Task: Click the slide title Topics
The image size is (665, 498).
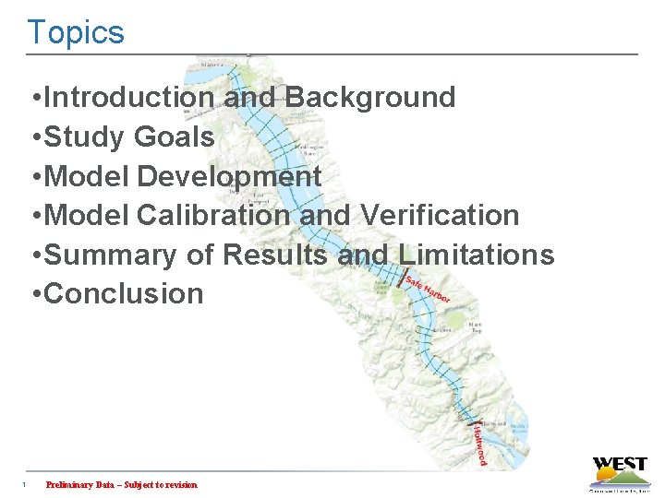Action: [x=75, y=32]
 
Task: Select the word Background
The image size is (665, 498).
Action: [x=370, y=98]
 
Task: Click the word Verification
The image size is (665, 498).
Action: [x=440, y=216]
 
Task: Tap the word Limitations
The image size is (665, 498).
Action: [x=477, y=255]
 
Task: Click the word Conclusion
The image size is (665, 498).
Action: [x=124, y=294]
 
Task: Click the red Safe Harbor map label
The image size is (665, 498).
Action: [x=427, y=288]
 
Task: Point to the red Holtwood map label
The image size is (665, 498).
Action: [x=479, y=444]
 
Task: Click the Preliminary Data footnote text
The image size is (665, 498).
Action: [x=121, y=485]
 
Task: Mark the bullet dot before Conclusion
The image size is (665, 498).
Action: [x=34, y=295]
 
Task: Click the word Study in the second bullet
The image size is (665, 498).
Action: [x=85, y=137]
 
